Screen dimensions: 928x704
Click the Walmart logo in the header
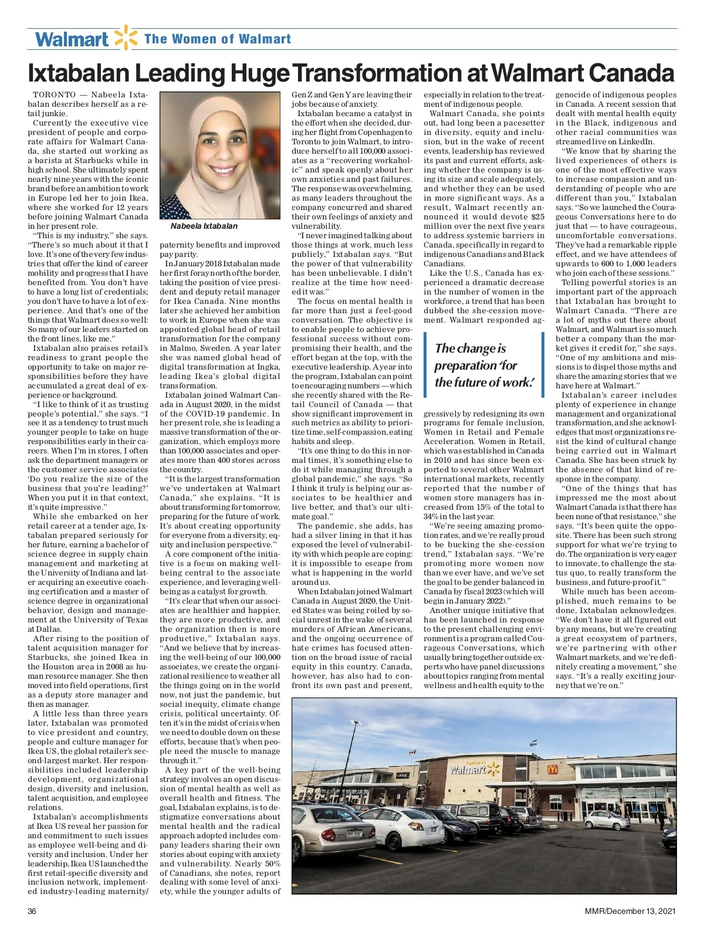pos(72,39)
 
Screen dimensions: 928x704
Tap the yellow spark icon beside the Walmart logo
pos(126,38)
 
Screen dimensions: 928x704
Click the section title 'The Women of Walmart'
pos(218,39)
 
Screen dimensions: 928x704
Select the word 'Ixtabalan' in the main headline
pos(79,73)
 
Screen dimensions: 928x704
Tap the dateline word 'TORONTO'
pos(55,94)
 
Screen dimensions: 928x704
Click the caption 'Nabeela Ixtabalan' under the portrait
pos(204,226)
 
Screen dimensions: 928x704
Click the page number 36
pos(32,911)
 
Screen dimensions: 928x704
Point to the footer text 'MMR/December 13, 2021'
pos(630,911)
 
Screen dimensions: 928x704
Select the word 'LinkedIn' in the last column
pos(638,141)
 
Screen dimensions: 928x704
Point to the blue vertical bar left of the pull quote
pos(426,365)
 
